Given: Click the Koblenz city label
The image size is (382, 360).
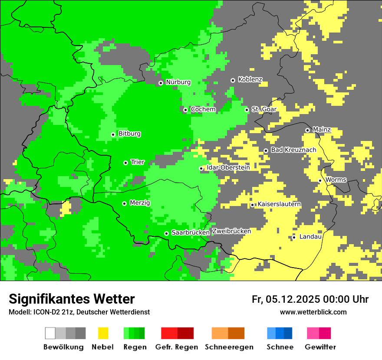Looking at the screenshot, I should [x=250, y=79].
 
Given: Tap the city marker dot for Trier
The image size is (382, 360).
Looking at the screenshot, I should [x=125, y=163].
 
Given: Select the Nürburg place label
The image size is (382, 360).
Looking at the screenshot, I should [x=178, y=82].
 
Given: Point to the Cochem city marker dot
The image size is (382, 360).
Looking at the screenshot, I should [x=185, y=110].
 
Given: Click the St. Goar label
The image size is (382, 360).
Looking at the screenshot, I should [x=264, y=109].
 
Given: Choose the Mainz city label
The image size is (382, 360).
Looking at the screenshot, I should [x=322, y=130].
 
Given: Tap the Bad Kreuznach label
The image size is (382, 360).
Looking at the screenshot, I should [x=293, y=150].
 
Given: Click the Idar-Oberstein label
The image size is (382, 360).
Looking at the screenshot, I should [x=228, y=167].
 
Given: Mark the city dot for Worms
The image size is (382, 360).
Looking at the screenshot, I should [x=320, y=180].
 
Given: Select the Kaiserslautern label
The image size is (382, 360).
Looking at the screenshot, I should [x=279, y=204].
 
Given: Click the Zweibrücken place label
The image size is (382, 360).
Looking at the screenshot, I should [x=231, y=231].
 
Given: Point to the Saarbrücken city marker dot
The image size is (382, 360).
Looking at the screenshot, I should [x=166, y=233].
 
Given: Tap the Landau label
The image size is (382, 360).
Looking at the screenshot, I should [x=310, y=237].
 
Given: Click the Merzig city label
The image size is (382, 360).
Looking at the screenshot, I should [x=140, y=203].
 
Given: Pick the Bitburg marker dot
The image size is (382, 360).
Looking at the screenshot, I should [x=113, y=134].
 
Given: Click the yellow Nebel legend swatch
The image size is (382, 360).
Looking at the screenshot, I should [x=103, y=333].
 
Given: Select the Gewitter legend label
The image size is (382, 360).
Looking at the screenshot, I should [x=320, y=347].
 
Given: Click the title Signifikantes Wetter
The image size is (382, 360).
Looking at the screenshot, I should [x=72, y=299].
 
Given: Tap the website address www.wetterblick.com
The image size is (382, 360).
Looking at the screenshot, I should [x=313, y=312].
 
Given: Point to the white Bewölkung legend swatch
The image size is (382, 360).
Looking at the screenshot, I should [x=50, y=333].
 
